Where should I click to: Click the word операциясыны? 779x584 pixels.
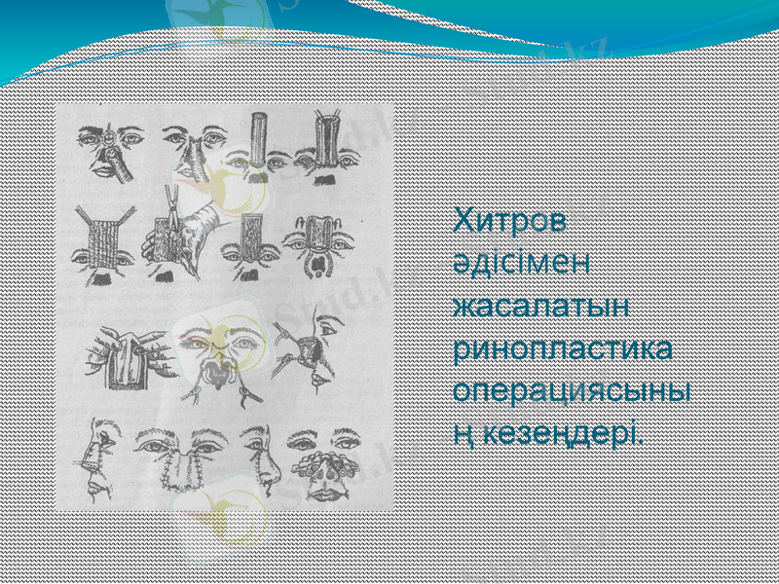pos(574,389)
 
